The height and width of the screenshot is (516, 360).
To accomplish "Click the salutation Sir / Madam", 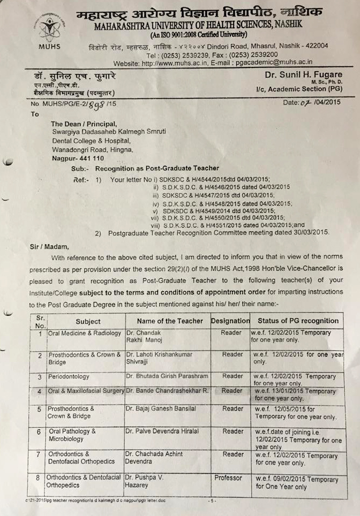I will pyautogui.click(x=50, y=247).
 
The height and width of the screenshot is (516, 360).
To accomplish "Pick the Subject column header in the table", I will pyautogui.click(x=88, y=321).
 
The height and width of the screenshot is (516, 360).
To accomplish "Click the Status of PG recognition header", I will pyautogui.click(x=298, y=321).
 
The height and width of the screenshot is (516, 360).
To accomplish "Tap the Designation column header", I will pyautogui.click(x=231, y=321).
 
